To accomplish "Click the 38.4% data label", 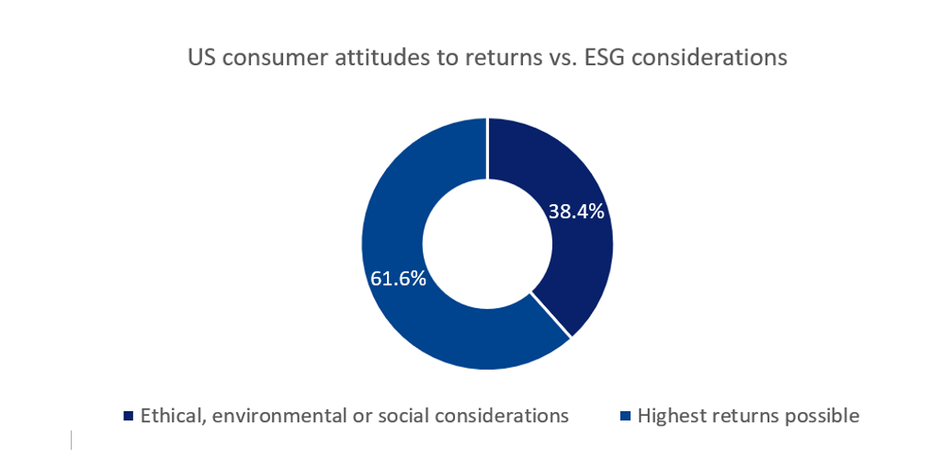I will [x=576, y=212].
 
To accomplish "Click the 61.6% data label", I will [x=398, y=278].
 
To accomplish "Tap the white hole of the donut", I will [x=487, y=244].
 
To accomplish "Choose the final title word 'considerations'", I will [x=710, y=58].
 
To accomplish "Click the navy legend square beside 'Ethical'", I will [x=129, y=417].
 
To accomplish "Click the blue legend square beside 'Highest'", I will [x=626, y=417].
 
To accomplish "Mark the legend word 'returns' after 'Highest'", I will [x=744, y=416].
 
